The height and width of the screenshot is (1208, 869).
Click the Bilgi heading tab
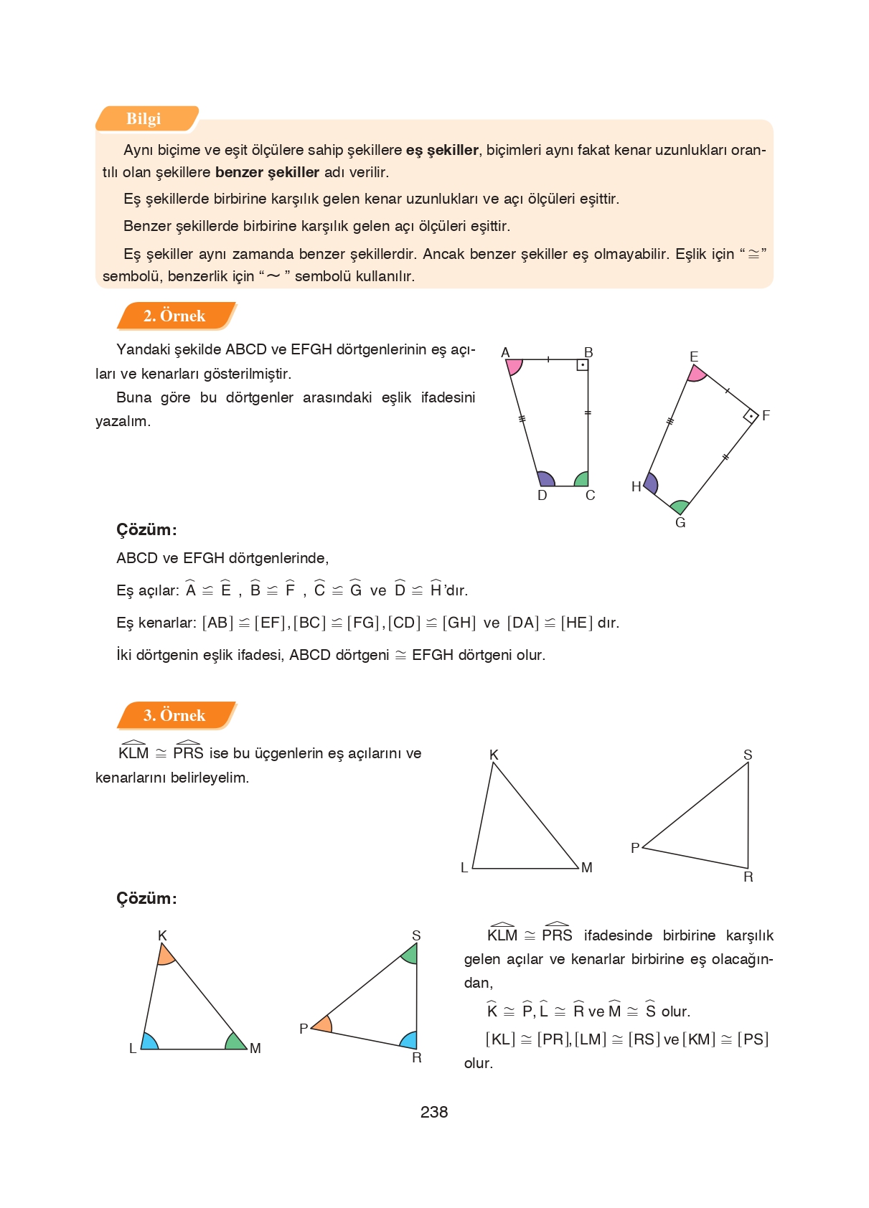(x=144, y=119)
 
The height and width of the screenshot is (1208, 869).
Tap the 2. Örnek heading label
(x=174, y=316)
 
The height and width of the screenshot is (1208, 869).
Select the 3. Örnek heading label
(x=174, y=715)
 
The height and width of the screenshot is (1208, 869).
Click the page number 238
(x=434, y=1112)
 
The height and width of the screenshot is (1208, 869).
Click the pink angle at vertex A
(x=514, y=366)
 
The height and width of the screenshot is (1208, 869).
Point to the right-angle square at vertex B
(x=583, y=365)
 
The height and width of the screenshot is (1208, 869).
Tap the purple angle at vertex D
(x=545, y=479)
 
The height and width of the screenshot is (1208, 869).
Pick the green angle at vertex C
(x=582, y=479)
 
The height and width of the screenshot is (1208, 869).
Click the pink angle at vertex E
(x=696, y=373)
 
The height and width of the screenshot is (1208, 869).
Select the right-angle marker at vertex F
(x=751, y=416)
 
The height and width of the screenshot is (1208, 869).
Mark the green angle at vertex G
(x=680, y=507)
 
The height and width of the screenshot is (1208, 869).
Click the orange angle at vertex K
(x=165, y=955)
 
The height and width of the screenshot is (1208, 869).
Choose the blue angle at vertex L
(x=149, y=1042)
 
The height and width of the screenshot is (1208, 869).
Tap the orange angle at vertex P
(x=322, y=1025)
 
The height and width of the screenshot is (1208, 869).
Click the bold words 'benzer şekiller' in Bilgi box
(x=267, y=172)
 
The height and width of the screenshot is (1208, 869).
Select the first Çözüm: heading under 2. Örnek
(x=146, y=530)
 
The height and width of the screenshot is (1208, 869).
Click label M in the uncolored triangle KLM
(x=587, y=868)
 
